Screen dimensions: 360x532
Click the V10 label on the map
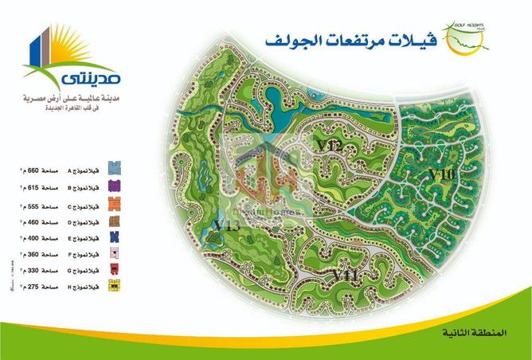pos(440,174)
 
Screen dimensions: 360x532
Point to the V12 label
pos(328,146)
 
